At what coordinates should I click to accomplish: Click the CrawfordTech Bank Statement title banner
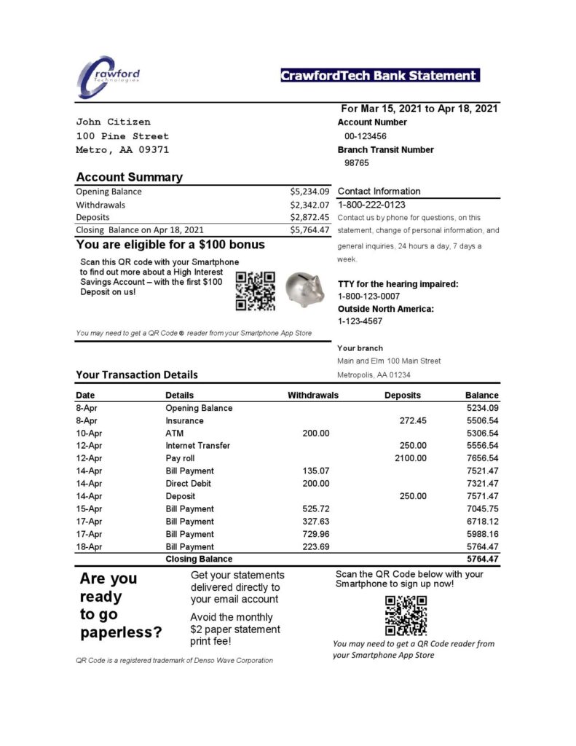point(379,76)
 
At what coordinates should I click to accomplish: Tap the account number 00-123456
point(365,136)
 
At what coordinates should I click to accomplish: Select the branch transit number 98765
point(356,163)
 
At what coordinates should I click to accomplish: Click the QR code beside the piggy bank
point(256,290)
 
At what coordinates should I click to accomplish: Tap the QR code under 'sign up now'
point(405,615)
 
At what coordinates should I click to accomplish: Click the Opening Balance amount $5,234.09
point(309,192)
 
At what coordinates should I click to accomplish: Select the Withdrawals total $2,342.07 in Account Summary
point(309,205)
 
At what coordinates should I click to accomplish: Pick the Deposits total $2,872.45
point(309,217)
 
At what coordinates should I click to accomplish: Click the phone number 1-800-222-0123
point(371,205)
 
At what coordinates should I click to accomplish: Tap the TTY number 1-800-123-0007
point(368,297)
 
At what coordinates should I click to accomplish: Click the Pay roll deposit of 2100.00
point(410,458)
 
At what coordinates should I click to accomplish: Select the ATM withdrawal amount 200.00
point(315,433)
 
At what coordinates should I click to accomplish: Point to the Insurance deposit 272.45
point(413,420)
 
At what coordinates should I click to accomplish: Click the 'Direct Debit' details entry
point(188,484)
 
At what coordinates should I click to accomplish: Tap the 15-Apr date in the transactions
point(90,509)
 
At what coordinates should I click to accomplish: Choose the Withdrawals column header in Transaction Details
point(313,396)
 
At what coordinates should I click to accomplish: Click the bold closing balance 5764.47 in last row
point(482,559)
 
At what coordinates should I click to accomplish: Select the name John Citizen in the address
point(113,122)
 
